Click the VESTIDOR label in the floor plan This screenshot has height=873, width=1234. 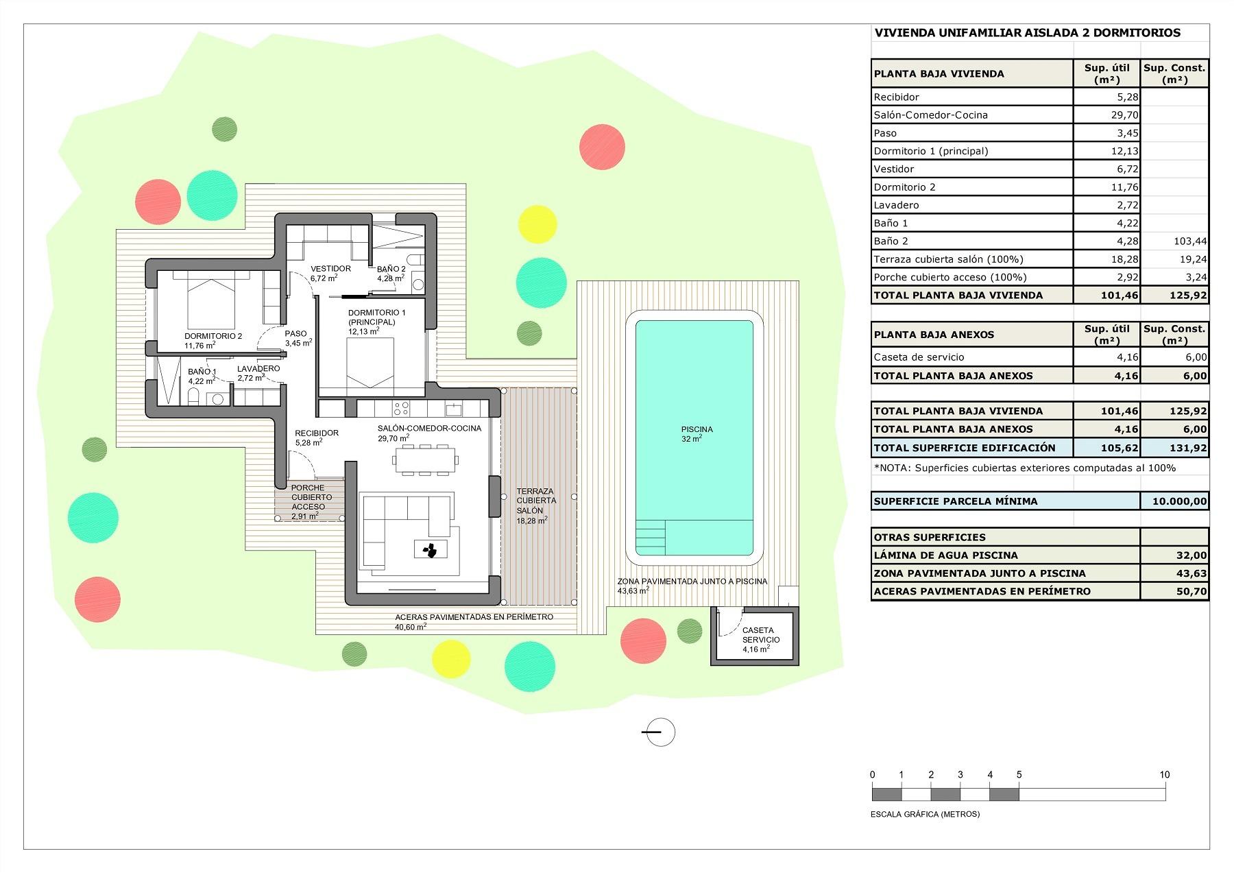(x=330, y=269)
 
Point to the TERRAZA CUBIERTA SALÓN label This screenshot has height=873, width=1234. (x=536, y=501)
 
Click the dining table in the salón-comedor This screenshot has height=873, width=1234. (x=424, y=459)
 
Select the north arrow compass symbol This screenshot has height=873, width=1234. (x=660, y=732)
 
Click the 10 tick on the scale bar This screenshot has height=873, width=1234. (x=1164, y=775)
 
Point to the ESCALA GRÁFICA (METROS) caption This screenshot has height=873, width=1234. (x=925, y=814)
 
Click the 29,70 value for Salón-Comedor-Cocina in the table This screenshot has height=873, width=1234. (x=1124, y=115)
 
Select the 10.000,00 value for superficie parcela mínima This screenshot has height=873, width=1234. (x=1179, y=501)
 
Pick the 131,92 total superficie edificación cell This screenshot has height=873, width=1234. (x=1189, y=448)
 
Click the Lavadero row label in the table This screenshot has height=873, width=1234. (x=896, y=205)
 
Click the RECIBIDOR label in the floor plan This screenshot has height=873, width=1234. (x=316, y=433)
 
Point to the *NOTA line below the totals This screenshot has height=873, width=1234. (x=1024, y=468)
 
